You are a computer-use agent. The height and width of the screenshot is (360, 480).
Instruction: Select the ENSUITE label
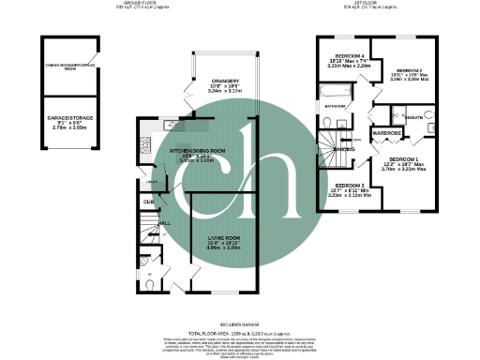pos(413,116)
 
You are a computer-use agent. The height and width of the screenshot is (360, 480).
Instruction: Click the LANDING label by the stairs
pos(343,149)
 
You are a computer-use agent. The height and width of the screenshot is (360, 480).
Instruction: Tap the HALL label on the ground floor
pos(164,222)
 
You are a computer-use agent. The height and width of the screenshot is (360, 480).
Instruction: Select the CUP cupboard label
pos(148,201)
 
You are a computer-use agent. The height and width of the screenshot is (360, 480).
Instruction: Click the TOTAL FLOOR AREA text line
pos(240,335)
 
